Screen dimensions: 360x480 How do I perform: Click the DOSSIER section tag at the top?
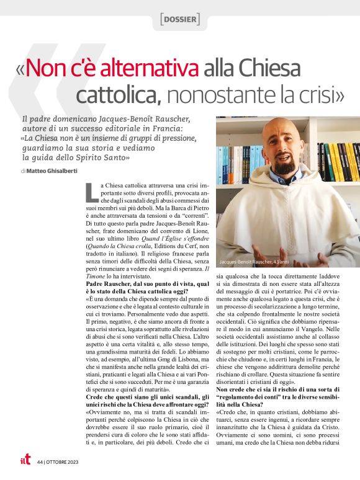pyautogui.click(x=179, y=20)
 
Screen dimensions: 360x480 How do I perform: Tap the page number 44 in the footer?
pyautogui.click(x=40, y=461)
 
